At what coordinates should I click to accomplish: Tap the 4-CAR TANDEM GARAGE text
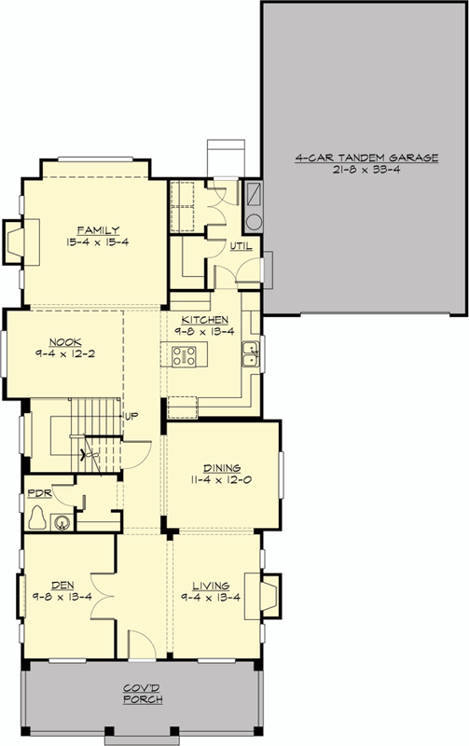366,159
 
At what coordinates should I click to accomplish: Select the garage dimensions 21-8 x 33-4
366,172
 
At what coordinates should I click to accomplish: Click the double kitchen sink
250,352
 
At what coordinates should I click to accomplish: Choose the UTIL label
240,246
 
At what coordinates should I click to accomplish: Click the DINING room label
223,468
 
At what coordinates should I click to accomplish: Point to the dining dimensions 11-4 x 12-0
223,480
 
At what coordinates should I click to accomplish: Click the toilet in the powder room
38,518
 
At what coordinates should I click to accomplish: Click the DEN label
64,587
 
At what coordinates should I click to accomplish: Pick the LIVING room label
215,587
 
